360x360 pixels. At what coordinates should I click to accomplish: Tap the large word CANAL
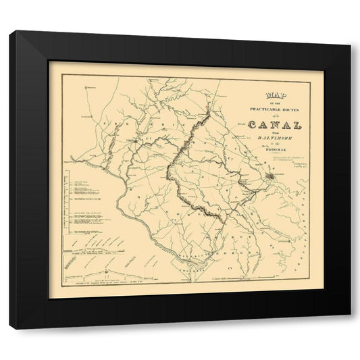coord(275,124)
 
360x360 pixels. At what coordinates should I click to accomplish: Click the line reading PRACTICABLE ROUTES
coord(275,107)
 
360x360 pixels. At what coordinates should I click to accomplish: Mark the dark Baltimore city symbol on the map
coord(269,177)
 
